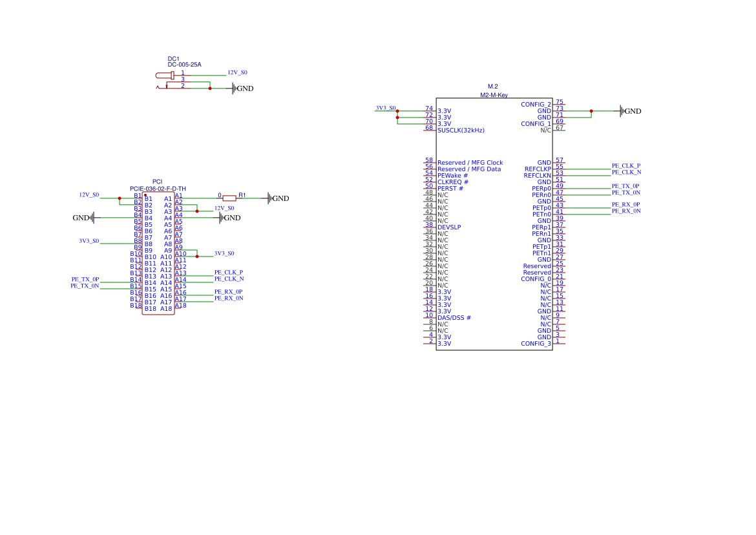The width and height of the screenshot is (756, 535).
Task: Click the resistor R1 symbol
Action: pos(229,198)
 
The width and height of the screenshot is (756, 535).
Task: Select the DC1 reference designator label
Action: pos(173,59)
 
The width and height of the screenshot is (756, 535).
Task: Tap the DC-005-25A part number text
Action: pos(184,65)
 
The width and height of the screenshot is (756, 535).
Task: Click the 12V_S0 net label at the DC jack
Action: pos(237,73)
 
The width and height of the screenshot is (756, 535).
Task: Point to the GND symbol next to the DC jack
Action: pos(242,89)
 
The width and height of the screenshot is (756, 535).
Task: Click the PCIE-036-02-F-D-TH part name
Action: pos(158,189)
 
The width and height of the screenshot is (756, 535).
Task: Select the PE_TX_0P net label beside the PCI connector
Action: pos(85,279)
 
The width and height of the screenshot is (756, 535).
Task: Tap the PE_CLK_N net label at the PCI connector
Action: pos(229,279)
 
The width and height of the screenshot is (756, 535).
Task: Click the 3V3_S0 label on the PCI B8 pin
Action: pos(89,241)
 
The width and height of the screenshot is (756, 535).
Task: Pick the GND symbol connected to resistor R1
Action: pos(277,198)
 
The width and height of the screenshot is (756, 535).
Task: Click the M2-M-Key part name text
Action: pos(494,95)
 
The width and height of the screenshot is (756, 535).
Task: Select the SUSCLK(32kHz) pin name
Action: pos(461,131)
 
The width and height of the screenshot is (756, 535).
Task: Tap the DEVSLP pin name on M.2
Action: pos(449,227)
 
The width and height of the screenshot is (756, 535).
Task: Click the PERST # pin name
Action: pos(450,189)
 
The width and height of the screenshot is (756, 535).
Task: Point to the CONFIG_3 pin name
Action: pos(536,344)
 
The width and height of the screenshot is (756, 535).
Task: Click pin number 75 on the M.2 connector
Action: pos(560,102)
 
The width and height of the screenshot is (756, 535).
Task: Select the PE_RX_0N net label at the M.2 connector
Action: pos(626,211)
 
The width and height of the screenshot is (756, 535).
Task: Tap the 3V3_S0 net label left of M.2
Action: pos(386,108)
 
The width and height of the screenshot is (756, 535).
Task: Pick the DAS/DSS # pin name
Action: pos(454,318)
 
